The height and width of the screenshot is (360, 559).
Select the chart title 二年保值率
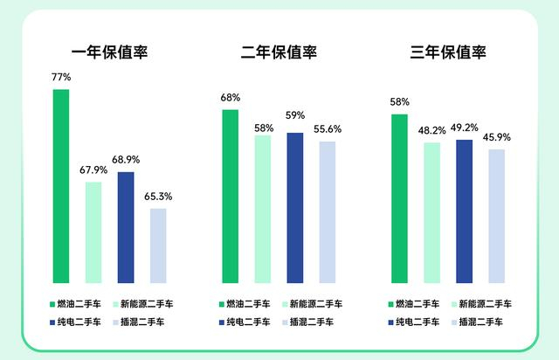point(279,52)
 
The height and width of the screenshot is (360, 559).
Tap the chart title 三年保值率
point(448,52)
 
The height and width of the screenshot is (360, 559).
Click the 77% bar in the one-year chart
point(61,186)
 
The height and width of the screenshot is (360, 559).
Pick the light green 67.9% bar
point(93,232)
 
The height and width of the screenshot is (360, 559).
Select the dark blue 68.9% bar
point(126,227)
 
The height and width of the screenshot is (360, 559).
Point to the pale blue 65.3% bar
point(158,246)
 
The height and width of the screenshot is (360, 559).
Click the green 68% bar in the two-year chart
point(230,197)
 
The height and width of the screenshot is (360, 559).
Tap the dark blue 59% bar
point(295,208)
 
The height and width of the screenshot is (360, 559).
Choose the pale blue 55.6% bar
point(328,212)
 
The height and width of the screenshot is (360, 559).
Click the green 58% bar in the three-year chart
point(399,199)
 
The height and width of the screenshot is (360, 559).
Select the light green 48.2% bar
point(431,212)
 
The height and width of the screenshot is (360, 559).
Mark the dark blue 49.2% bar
point(464,211)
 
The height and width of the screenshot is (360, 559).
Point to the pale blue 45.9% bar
point(496,217)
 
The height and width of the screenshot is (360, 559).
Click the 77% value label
point(61,78)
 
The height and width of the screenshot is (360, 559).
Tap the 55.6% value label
point(328,129)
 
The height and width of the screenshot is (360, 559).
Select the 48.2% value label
point(431,130)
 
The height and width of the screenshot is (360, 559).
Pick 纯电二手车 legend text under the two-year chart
point(249,322)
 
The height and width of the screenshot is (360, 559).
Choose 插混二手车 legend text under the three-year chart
point(483,322)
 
